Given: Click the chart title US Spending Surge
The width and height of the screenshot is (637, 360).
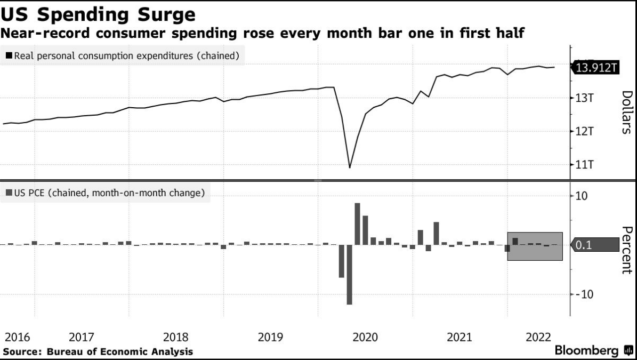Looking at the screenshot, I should pyautogui.click(x=99, y=14).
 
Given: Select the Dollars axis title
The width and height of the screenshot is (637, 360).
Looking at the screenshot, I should pyautogui.click(x=627, y=112).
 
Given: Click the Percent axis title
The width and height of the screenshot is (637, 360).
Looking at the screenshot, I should pyautogui.click(x=627, y=250).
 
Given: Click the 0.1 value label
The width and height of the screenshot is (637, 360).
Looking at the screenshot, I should pyautogui.click(x=585, y=245).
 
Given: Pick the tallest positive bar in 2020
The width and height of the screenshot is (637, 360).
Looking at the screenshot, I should pyautogui.click(x=357, y=224).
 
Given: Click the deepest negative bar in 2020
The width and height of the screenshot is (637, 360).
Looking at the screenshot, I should pyautogui.click(x=350, y=274).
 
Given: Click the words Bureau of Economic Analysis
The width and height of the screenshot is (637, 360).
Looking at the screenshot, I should pyautogui.click(x=120, y=351).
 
